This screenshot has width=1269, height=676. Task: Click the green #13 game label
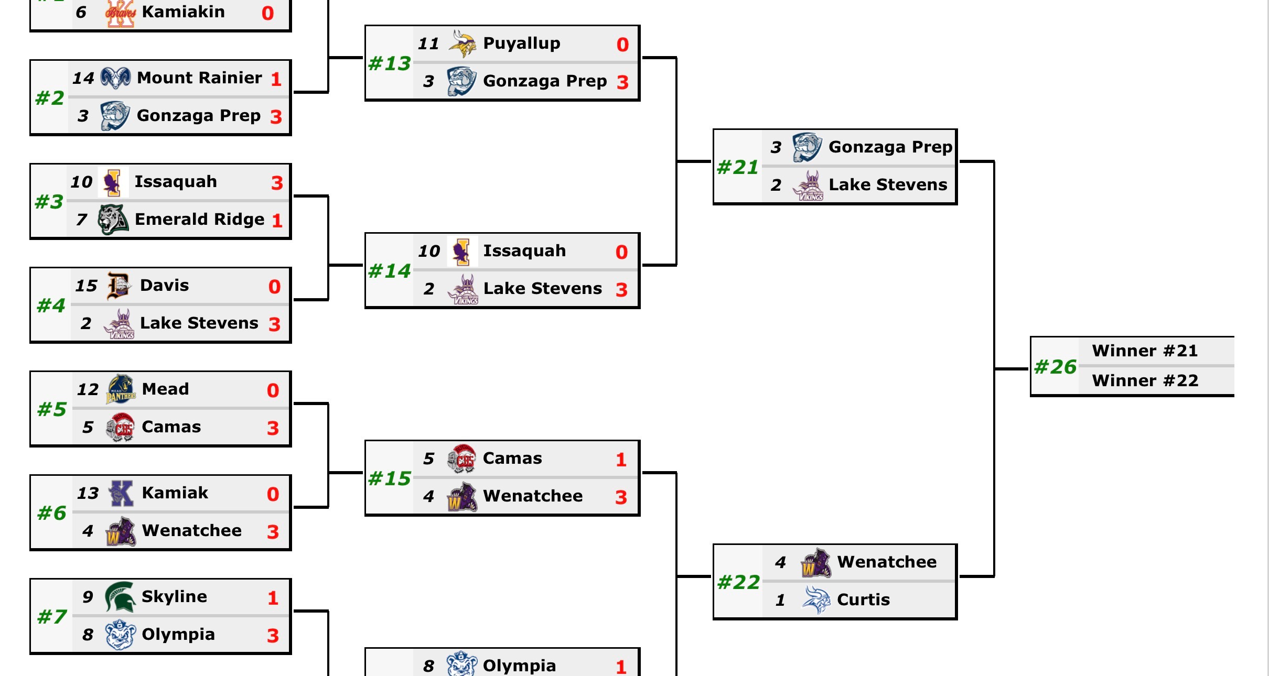click(x=390, y=63)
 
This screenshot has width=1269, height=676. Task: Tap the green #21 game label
click(x=738, y=167)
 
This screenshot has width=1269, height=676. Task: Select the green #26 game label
click(x=1055, y=367)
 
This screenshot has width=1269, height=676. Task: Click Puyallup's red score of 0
click(x=622, y=45)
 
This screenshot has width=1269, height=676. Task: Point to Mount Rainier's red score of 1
click(x=276, y=79)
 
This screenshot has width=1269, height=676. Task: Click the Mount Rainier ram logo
click(x=115, y=78)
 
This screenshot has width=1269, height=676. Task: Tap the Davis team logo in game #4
click(x=119, y=286)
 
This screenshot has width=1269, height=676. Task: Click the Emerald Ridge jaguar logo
click(x=113, y=220)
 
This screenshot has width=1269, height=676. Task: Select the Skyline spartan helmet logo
click(x=121, y=597)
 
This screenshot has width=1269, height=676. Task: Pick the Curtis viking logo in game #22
click(x=816, y=600)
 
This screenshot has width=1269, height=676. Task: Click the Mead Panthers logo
click(x=121, y=389)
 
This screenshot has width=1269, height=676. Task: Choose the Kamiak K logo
click(x=121, y=493)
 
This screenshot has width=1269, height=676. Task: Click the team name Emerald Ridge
click(x=199, y=219)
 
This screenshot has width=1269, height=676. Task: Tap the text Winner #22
click(x=1145, y=380)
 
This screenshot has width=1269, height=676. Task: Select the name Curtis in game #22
click(x=863, y=599)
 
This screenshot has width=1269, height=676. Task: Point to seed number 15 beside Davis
click(x=87, y=286)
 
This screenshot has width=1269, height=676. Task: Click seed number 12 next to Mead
click(x=88, y=389)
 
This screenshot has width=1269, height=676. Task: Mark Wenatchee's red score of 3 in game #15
click(x=621, y=497)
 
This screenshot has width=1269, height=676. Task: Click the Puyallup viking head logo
click(x=463, y=43)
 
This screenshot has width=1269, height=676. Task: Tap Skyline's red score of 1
click(x=273, y=598)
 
